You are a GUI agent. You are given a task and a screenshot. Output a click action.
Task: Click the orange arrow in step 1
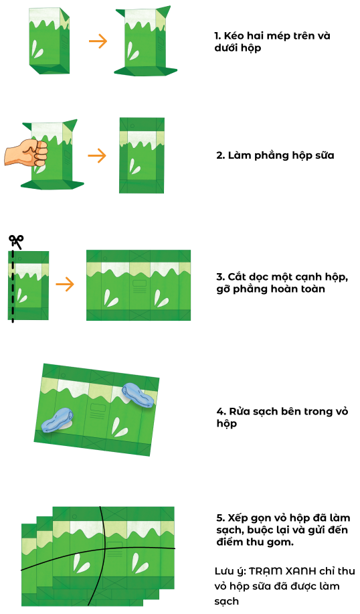[98, 41]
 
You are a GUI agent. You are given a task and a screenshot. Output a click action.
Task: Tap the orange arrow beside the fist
[97, 156]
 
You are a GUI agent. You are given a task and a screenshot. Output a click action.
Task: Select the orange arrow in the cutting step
[65, 285]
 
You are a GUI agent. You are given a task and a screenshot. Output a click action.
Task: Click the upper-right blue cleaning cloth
[138, 396]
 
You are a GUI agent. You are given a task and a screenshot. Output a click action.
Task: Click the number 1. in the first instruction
[217, 36]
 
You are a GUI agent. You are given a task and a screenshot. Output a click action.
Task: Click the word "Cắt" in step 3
[236, 277]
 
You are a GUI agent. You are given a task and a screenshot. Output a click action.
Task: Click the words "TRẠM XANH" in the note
[282, 571]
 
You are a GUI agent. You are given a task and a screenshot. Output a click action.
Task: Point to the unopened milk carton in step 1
[49, 41]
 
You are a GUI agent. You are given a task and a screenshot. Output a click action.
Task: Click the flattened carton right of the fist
[142, 155]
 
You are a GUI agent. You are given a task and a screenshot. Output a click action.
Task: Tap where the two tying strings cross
[105, 549]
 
